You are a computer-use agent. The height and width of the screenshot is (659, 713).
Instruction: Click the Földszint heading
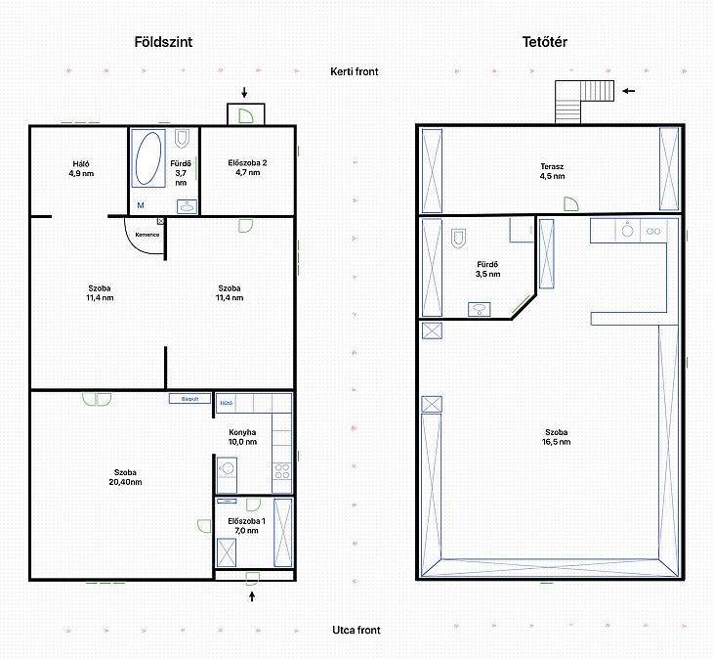[x=163, y=42]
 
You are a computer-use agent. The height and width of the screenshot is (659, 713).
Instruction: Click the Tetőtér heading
[x=544, y=42]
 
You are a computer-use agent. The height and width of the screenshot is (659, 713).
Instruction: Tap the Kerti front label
[x=355, y=71]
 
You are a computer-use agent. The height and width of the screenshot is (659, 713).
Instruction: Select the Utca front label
[x=356, y=630]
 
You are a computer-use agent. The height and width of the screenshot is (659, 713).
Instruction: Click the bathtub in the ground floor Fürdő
[x=148, y=158]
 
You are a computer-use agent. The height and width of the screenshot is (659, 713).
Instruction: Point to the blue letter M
[x=141, y=205]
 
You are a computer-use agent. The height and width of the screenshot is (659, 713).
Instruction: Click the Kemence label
[x=147, y=235]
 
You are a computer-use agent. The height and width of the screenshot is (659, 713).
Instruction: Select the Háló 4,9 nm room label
[x=81, y=168]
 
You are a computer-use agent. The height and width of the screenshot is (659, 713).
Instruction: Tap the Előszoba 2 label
[x=247, y=162]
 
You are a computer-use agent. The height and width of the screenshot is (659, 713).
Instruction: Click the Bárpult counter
[x=189, y=399]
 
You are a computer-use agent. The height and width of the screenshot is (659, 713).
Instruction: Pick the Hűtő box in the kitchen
[x=226, y=403]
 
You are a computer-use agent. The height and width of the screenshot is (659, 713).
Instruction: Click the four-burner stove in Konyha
[x=282, y=471]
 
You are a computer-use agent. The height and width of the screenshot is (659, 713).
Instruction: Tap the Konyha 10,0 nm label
[x=242, y=437]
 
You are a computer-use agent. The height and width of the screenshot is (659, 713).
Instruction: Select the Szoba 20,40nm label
[x=125, y=477]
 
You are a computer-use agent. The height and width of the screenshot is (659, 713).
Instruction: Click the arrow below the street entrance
[x=252, y=595]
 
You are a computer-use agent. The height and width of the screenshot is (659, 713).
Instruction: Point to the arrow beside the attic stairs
[x=628, y=91]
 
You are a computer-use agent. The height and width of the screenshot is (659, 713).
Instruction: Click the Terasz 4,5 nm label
[x=552, y=171]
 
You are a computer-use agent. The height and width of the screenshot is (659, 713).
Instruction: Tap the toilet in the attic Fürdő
[x=458, y=238]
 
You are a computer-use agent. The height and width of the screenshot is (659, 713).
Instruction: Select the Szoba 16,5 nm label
[x=556, y=437]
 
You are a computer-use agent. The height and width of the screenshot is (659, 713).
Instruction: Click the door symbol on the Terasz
[x=571, y=204]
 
